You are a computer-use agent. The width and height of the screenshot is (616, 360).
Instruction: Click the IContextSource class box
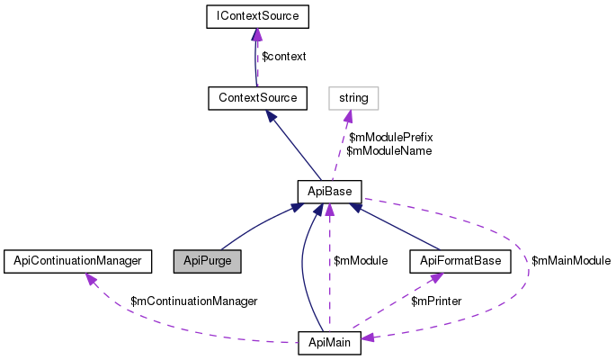(257, 16)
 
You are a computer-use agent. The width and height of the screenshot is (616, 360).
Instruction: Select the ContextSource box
(257, 95)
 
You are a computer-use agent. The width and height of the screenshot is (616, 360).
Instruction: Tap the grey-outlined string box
(353, 95)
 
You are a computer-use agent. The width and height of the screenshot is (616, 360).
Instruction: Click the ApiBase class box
(329, 191)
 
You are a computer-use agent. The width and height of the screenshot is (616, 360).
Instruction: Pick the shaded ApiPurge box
(208, 261)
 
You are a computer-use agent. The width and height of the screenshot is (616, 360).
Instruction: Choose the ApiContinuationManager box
(74, 261)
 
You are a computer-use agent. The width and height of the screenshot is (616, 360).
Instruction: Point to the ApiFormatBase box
(460, 261)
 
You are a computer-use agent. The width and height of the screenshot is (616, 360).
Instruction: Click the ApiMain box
(329, 342)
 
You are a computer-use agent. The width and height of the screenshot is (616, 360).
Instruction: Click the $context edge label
(283, 56)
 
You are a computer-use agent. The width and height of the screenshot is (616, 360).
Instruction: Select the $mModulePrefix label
(391, 138)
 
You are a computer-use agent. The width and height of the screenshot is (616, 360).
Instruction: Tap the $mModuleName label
(388, 151)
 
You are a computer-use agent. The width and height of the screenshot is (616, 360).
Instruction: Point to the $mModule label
(361, 260)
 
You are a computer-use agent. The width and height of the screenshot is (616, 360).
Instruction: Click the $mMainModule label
(571, 260)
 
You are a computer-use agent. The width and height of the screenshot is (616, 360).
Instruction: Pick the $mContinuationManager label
(194, 301)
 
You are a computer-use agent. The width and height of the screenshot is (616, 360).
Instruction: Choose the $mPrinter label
(436, 301)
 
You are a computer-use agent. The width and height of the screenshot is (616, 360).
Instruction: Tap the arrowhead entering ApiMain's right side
(369, 338)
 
